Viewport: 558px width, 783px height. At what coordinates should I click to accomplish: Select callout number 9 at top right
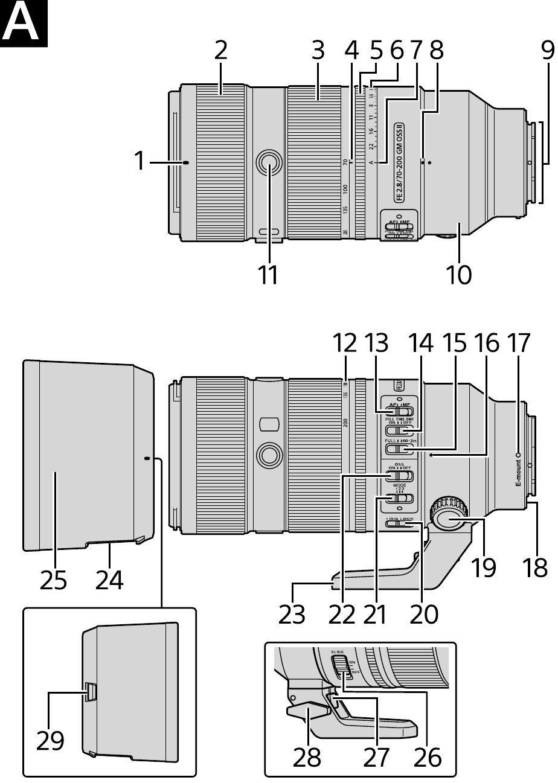coord(547,51)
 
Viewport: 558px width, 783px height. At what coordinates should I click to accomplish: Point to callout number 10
coord(459,275)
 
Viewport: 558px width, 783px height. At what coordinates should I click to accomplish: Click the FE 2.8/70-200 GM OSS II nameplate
coord(399,162)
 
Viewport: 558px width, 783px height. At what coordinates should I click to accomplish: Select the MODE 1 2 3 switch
coord(399,498)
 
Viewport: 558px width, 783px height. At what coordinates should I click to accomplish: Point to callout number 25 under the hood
coord(53,581)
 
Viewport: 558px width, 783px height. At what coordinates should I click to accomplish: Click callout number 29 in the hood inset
coord(50,740)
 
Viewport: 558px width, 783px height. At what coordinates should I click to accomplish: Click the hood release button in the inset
coord(90,692)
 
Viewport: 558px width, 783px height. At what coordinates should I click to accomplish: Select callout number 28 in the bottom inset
coord(307,757)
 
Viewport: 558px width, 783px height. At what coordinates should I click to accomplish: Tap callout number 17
coord(518,344)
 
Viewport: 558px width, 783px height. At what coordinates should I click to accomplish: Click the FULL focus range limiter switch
coord(399,448)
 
